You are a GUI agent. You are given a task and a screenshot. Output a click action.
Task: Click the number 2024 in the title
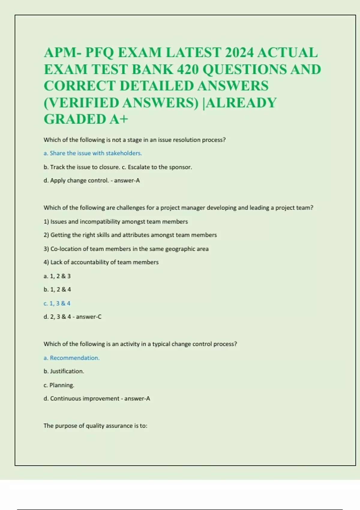237,53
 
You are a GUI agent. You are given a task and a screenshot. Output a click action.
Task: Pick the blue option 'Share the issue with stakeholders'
93,153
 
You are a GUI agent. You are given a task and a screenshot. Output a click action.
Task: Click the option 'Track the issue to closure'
82,167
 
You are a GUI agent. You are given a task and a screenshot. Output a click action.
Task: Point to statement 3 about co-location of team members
126,249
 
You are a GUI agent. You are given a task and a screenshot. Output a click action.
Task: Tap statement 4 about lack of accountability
101,262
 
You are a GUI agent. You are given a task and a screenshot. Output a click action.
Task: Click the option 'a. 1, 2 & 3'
57,276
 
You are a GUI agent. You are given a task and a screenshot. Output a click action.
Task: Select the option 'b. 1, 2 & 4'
57,289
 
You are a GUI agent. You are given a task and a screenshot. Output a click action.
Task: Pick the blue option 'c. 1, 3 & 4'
57,303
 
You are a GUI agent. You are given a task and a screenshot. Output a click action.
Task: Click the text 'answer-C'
89,317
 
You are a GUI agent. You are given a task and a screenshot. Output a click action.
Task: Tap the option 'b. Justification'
64,371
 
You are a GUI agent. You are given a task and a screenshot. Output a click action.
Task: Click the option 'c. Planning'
59,385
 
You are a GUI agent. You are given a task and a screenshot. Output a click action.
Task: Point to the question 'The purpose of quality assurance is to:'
95,426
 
